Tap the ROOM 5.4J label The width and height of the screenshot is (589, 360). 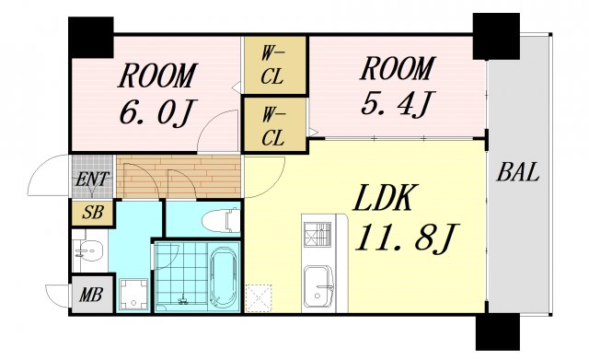[395, 85]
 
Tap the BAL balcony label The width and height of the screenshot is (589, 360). [519, 172]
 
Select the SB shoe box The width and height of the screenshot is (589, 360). [92, 213]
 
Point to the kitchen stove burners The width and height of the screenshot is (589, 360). [315, 234]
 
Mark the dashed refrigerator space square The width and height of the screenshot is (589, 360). [260, 297]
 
